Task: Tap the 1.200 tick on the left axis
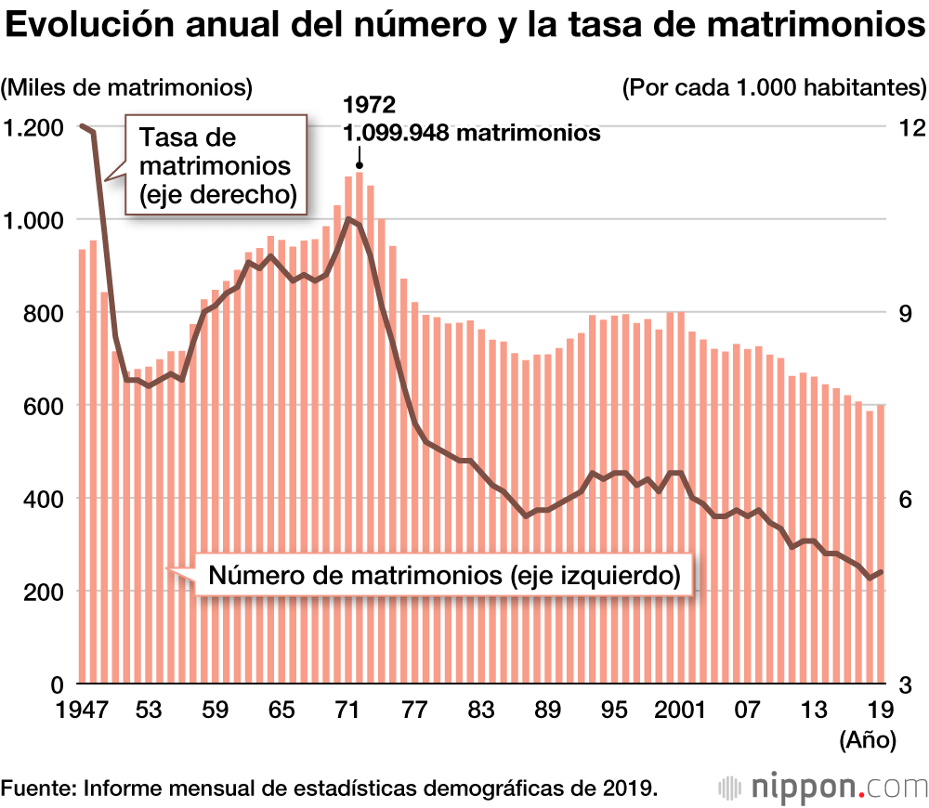35,127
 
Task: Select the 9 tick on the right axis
903,313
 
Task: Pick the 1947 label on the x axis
82,710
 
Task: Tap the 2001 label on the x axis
679,710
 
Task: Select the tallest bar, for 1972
359,427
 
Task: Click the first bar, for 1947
82,464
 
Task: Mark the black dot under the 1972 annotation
360,165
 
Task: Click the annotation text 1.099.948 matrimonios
472,133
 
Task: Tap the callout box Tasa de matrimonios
216,165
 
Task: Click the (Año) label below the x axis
867,740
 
